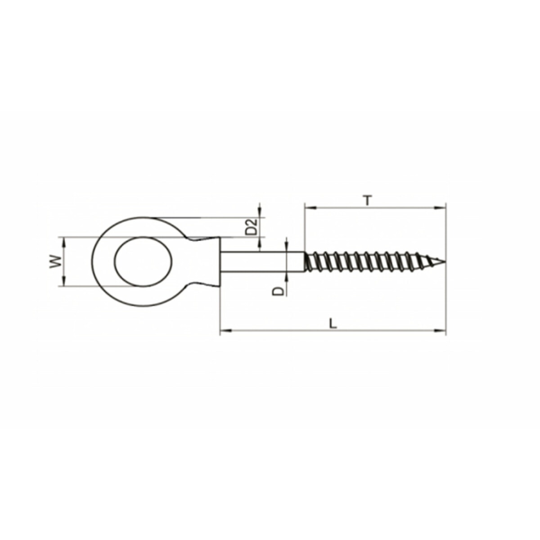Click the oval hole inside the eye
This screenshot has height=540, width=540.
coord(144,262)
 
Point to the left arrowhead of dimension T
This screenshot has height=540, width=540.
coord(310,208)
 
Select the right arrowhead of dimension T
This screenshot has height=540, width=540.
coord(440,208)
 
